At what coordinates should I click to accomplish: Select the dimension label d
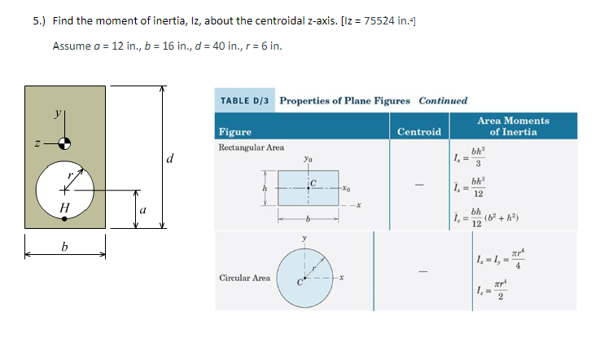click(169, 157)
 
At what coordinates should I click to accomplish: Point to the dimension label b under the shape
click(64, 247)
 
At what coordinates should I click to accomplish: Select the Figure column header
click(235, 132)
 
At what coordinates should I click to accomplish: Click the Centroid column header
click(419, 132)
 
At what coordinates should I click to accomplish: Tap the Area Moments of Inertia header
click(513, 126)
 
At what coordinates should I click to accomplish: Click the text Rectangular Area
click(252, 147)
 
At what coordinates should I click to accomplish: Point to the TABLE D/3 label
click(247, 101)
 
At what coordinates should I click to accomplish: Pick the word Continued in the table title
click(443, 101)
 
